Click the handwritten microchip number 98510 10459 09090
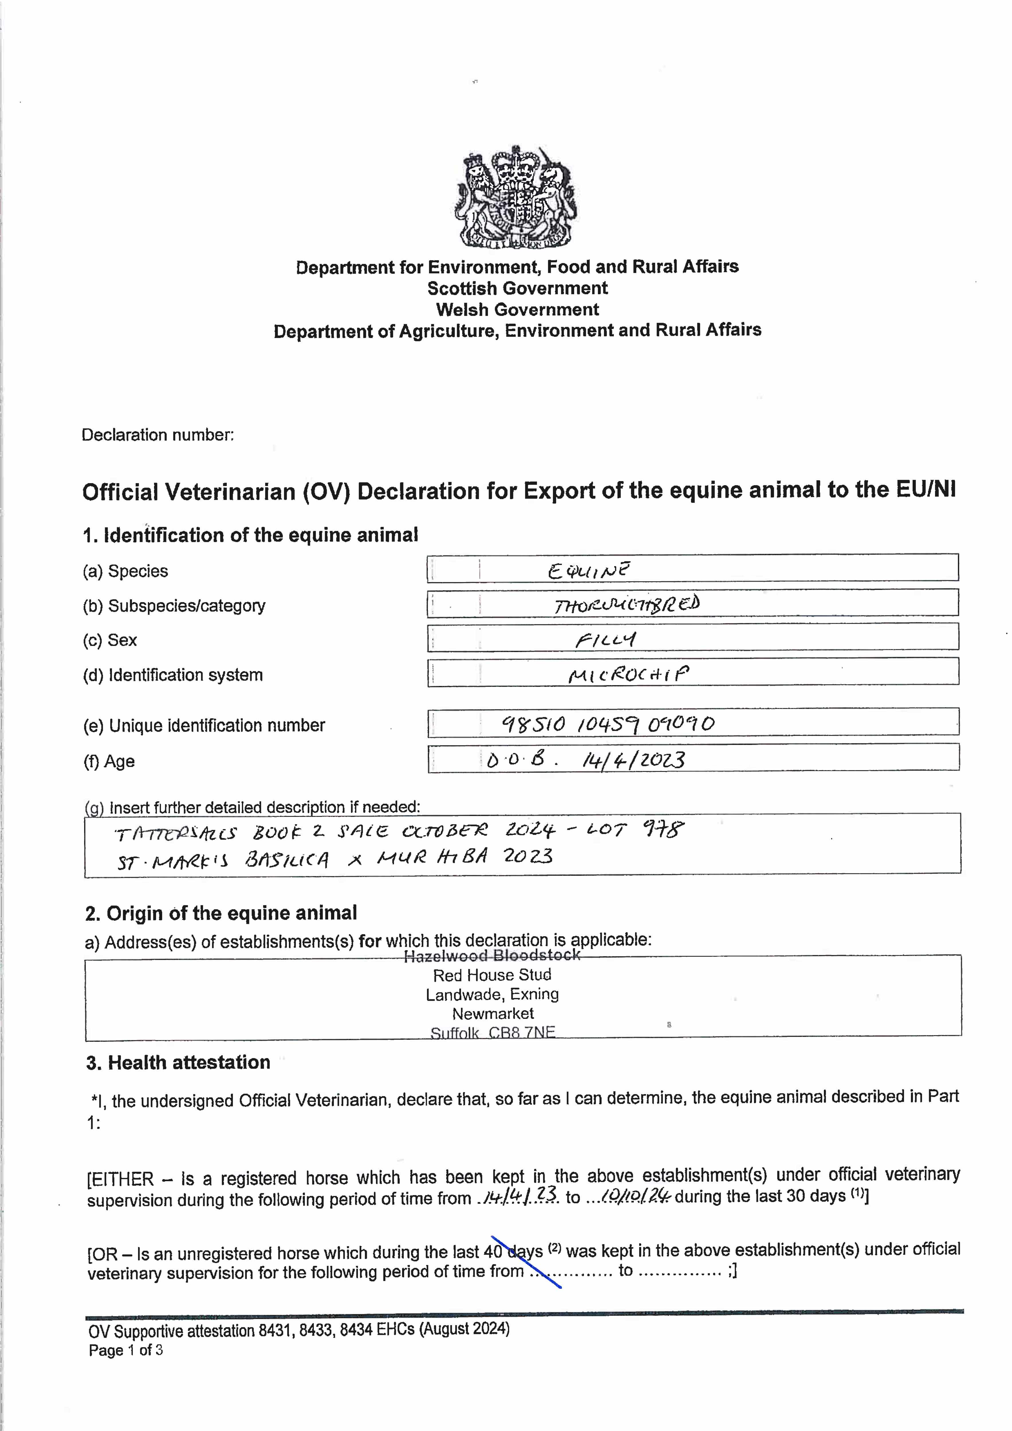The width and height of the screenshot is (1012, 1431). pos(608,724)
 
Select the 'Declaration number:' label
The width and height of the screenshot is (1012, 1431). pos(158,435)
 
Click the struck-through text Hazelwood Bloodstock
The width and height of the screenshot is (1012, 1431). pos(492,955)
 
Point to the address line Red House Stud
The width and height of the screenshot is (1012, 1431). pos(492,975)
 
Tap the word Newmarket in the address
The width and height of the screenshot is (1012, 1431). pos(493,1013)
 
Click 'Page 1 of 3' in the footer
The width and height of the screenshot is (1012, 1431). pos(126,1350)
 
